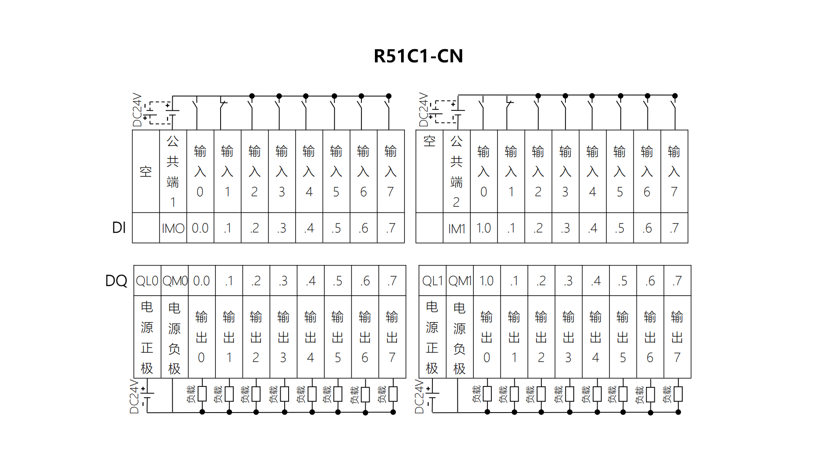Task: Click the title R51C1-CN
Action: click(418, 56)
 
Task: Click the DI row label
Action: click(119, 228)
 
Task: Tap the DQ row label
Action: click(116, 281)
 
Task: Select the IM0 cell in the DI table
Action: click(173, 228)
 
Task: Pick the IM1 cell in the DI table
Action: click(456, 228)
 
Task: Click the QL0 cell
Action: click(147, 281)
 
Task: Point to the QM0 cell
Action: click(175, 281)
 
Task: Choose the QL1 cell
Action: click(432, 281)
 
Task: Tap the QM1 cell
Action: click(459, 281)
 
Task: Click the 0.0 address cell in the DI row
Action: click(200, 228)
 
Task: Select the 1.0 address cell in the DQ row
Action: click(487, 281)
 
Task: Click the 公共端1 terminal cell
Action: click(173, 171)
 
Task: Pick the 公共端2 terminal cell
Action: click(456, 171)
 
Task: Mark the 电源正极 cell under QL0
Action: click(147, 337)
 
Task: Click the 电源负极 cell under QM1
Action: click(459, 337)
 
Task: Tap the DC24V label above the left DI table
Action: click(137, 109)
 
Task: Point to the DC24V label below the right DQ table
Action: click(419, 396)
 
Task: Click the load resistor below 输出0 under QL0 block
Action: click(202, 394)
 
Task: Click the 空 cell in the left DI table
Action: click(146, 171)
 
